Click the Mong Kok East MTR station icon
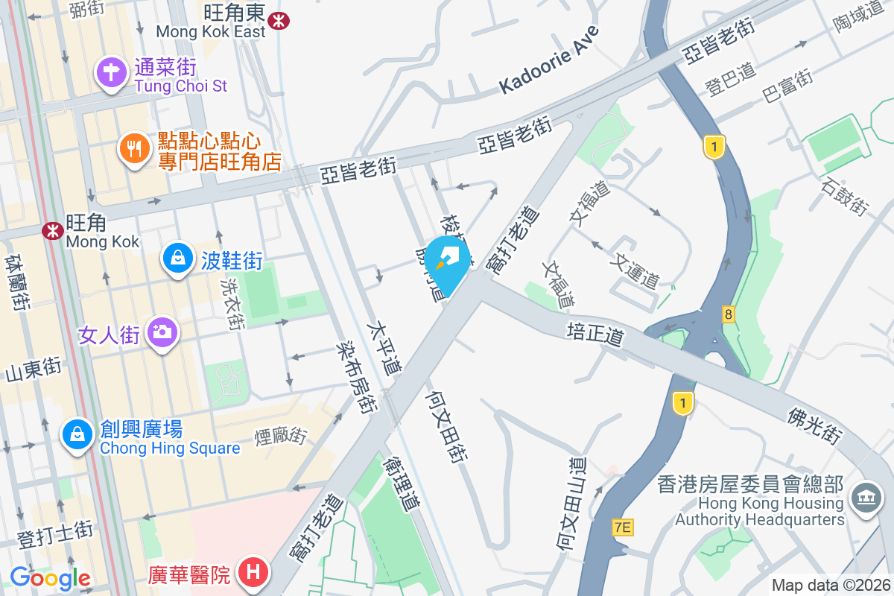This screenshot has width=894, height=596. (x=279, y=21)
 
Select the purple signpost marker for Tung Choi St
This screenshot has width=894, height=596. (x=112, y=74)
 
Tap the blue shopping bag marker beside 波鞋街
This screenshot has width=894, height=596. (x=178, y=259)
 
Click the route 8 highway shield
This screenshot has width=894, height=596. (x=728, y=314)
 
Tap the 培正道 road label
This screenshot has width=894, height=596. (x=594, y=334)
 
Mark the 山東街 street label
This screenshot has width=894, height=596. (x=33, y=368)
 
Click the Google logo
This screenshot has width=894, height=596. (x=50, y=577)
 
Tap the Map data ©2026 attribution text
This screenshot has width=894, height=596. (x=831, y=585)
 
